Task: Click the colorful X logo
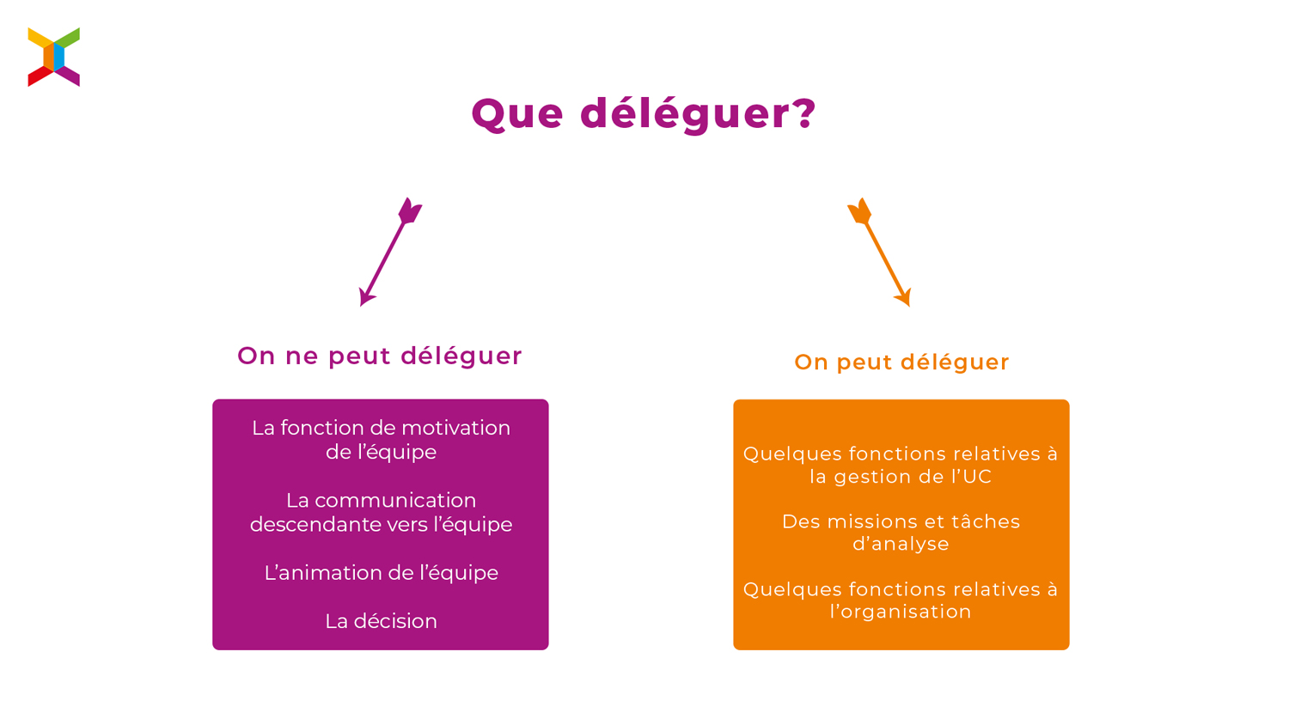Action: [x=53, y=57]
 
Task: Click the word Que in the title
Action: [x=517, y=114]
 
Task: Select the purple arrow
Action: [x=391, y=252]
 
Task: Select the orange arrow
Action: [x=879, y=252]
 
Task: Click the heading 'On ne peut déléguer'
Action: [x=380, y=356]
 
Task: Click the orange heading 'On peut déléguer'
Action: [x=901, y=362]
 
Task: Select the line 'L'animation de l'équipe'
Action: [x=381, y=573]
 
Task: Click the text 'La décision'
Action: [x=381, y=621]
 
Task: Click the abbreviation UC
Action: [x=976, y=477]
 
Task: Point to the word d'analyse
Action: [x=901, y=544]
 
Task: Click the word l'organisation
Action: [x=901, y=612]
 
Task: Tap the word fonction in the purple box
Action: [x=322, y=428]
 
